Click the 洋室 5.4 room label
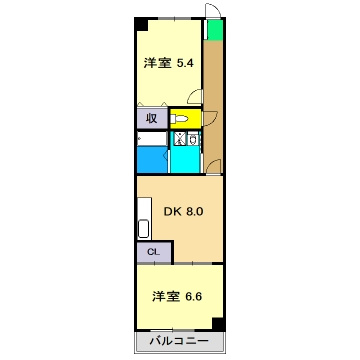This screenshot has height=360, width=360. click(166, 63)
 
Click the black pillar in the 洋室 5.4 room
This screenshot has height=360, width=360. click(142, 24)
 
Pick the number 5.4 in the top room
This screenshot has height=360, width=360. click(185, 63)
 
